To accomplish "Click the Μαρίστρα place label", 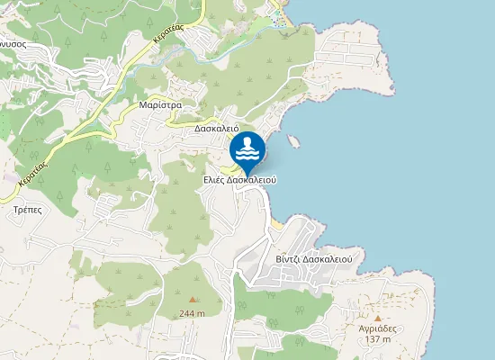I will (161, 104).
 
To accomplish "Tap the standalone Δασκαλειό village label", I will (216, 128).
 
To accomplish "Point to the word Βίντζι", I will (289, 258).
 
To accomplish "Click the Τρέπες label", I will (28, 208).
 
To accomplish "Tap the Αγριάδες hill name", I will (378, 328).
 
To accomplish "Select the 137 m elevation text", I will (378, 339).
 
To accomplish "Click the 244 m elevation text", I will (192, 313).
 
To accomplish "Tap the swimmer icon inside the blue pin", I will (247, 147).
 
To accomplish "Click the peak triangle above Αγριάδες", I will (378, 318).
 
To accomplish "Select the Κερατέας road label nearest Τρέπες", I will (31, 168).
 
